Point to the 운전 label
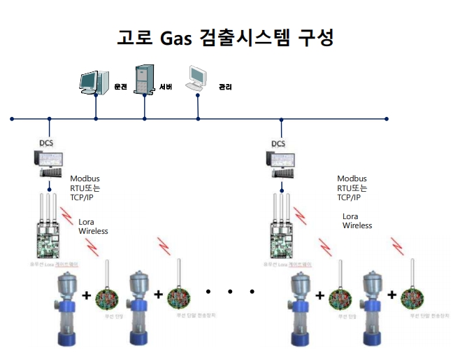click(x=120, y=87)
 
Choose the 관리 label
click(x=226, y=87)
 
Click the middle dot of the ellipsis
click(x=230, y=289)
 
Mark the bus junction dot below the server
click(x=145, y=119)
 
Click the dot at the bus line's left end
click(x=12, y=119)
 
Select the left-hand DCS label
click(x=48, y=144)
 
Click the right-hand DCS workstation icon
click(x=284, y=166)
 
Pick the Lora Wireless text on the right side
click(x=357, y=221)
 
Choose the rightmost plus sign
click(x=394, y=295)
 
